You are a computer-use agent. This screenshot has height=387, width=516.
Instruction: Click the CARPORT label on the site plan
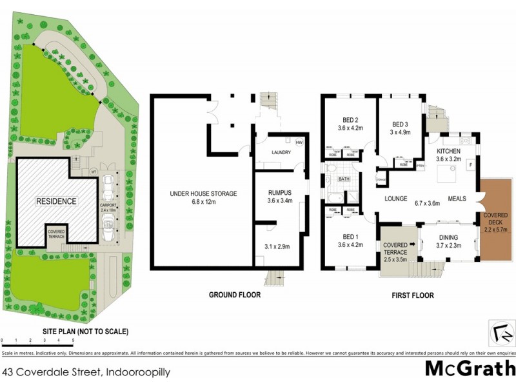[108, 207]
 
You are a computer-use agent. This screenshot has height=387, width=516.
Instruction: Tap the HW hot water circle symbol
[299, 143]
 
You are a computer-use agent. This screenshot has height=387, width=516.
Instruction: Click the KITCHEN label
[450, 154]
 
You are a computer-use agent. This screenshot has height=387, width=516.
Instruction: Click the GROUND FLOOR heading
[235, 295]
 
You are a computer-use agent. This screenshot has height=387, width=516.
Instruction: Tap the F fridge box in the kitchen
[470, 165]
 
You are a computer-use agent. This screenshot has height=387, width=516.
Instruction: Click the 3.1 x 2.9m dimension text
[277, 246]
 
